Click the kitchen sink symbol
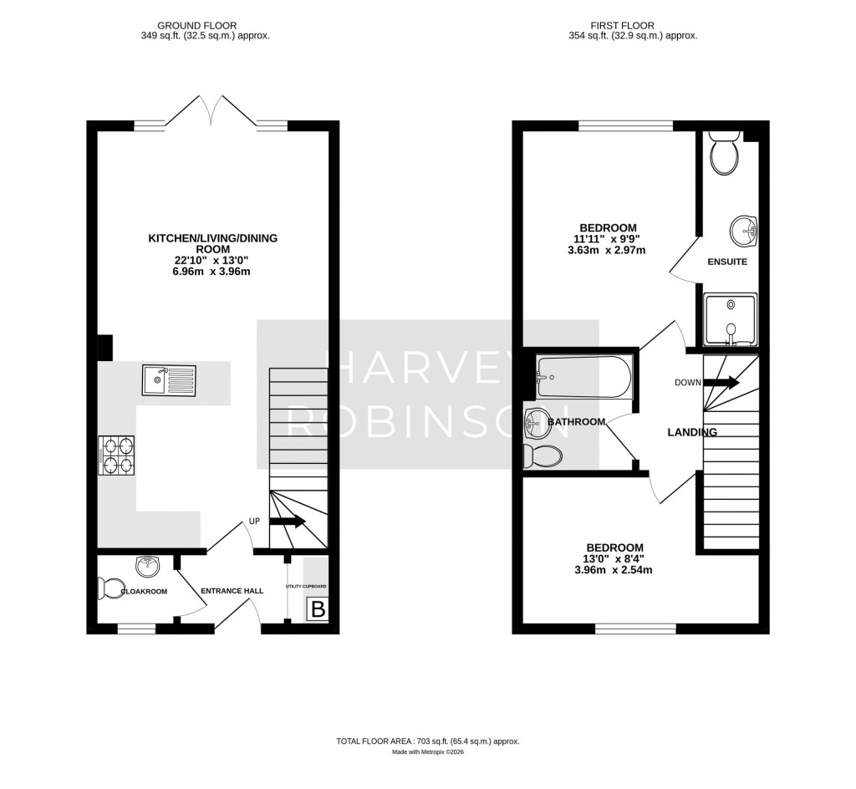click(x=169, y=380)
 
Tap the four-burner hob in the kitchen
click(x=117, y=456)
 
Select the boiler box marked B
click(x=318, y=610)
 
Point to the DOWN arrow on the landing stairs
click(x=721, y=383)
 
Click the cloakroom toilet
click(x=110, y=588)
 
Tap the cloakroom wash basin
click(x=148, y=566)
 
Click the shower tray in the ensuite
click(x=730, y=318)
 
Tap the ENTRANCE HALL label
click(x=232, y=591)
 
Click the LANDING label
click(x=691, y=432)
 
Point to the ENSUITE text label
click(x=726, y=262)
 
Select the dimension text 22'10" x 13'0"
click(x=212, y=260)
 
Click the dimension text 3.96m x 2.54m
click(x=613, y=571)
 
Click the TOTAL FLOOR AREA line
click(x=428, y=741)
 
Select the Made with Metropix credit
click(x=428, y=752)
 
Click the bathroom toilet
click(x=543, y=456)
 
